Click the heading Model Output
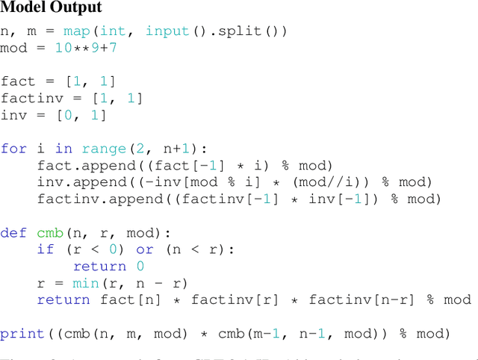coord(52,9)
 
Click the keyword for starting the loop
coord(14,148)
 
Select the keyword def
coord(14,232)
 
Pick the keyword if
coord(46,249)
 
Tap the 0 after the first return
coord(139,266)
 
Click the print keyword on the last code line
coord(23,333)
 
